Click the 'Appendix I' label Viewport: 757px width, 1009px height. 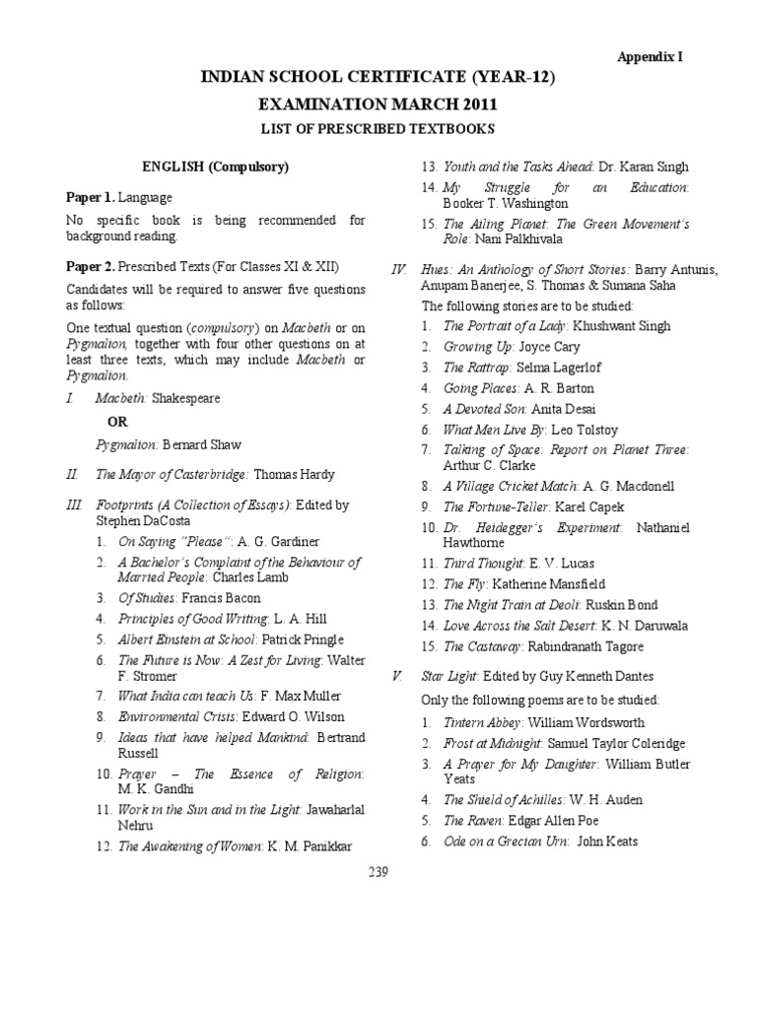pos(650,57)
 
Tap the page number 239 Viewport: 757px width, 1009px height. pos(378,870)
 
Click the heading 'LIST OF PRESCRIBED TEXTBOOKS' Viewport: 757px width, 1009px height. pos(378,129)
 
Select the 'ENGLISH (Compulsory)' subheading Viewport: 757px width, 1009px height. pos(214,167)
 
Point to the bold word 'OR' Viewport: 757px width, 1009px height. pos(118,422)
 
